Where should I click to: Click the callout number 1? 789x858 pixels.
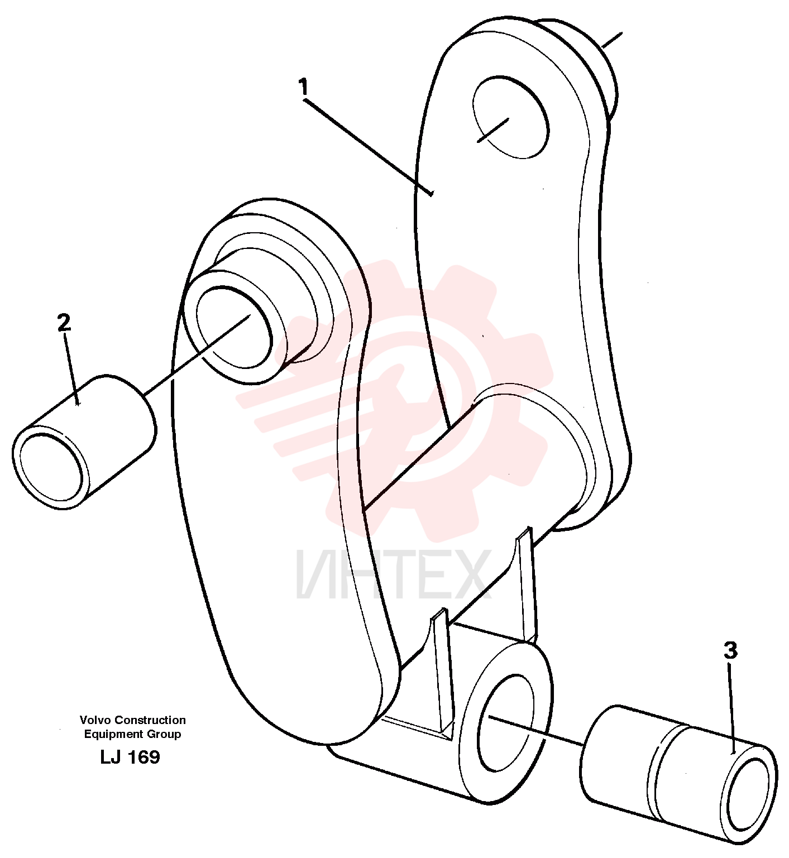(x=303, y=88)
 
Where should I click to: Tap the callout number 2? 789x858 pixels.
(x=64, y=323)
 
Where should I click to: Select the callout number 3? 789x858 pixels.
(x=730, y=651)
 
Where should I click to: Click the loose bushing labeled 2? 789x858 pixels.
(x=84, y=442)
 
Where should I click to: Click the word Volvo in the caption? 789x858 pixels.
(x=95, y=720)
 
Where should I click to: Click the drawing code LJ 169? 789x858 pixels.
(x=130, y=757)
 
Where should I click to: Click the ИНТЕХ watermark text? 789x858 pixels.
(x=394, y=574)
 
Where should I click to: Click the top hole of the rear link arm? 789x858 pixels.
(x=510, y=117)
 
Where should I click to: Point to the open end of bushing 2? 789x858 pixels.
(x=51, y=467)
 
